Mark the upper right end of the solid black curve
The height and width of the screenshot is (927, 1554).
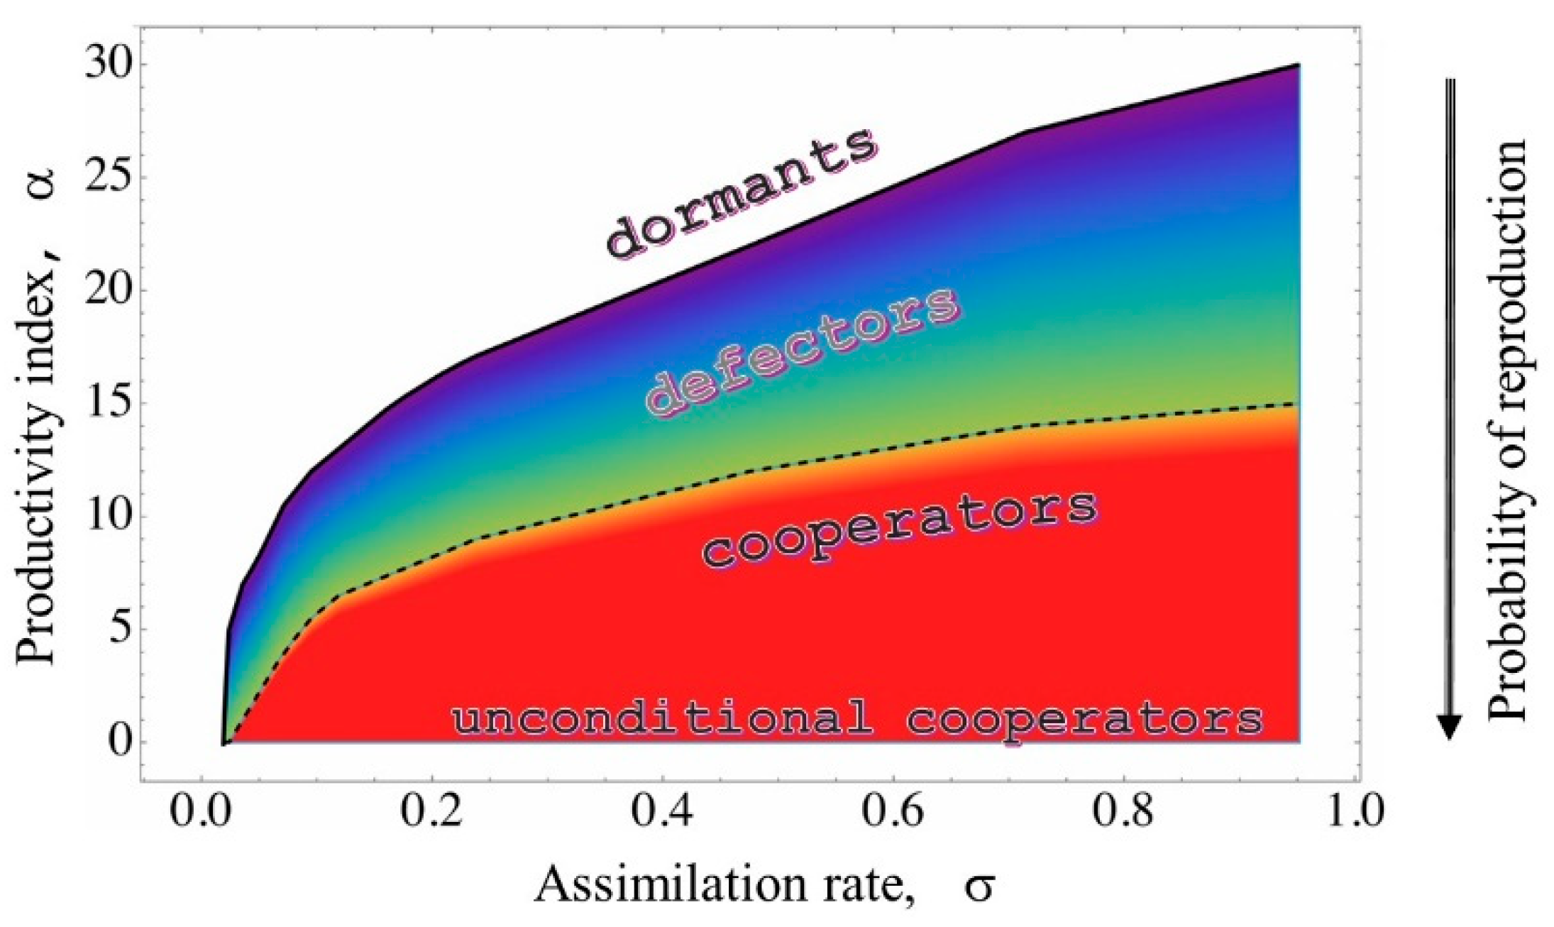click(x=1298, y=65)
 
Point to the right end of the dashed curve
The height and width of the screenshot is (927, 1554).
click(x=1298, y=404)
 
